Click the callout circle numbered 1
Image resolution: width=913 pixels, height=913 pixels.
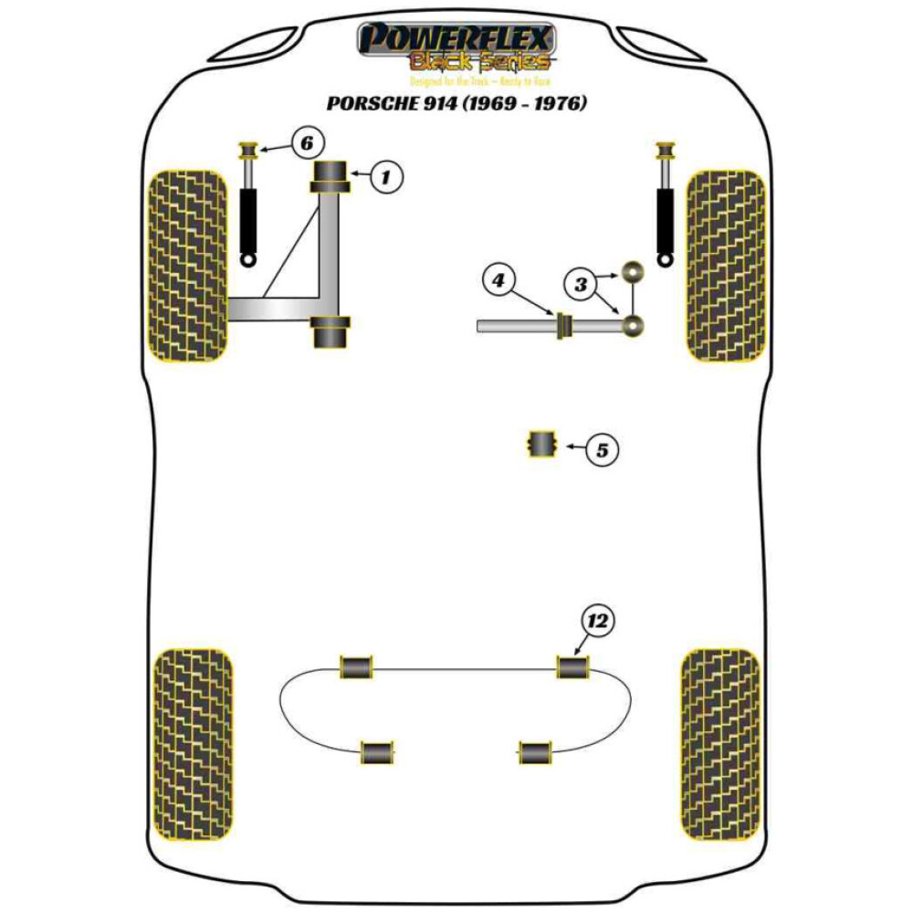[x=385, y=176]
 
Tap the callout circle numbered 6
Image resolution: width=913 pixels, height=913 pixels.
[x=307, y=142]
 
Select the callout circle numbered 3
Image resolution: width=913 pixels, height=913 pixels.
[x=580, y=285]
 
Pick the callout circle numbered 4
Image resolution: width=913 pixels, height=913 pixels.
[x=498, y=280]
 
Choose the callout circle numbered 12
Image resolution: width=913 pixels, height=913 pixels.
[x=598, y=622]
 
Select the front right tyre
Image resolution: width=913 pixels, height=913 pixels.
[x=725, y=265]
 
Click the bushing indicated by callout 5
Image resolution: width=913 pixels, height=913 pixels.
[x=543, y=446]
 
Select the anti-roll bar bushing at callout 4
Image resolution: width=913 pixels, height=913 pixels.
[x=563, y=325]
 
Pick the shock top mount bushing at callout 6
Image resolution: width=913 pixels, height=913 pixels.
[x=247, y=150]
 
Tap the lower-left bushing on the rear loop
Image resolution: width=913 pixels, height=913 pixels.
[x=376, y=752]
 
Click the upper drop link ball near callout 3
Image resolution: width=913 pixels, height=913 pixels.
[x=634, y=272]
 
